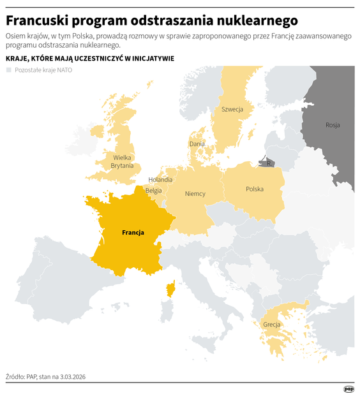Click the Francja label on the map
(133, 233)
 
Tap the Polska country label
(255, 189)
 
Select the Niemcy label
(195, 193)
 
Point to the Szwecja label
(232, 110)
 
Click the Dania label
(197, 144)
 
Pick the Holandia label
(160, 180)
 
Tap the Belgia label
(153, 190)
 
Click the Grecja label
(271, 325)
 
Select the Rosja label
(333, 125)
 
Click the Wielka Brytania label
(122, 161)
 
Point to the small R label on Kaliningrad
(269, 164)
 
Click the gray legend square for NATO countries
(9, 70)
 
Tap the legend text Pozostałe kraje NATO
(43, 70)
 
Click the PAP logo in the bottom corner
(349, 388)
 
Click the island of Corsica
(172, 291)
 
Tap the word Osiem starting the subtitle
(17, 37)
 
